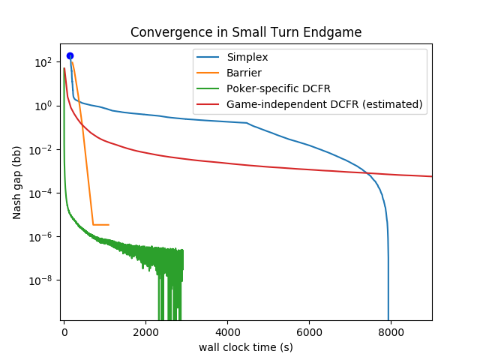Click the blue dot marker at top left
point(70,56)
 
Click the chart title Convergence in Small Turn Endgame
point(246,32)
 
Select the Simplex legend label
point(247,57)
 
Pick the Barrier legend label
point(244,73)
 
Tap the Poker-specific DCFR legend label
point(278,88)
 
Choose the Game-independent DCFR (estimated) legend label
point(325,104)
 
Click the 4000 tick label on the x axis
point(227,332)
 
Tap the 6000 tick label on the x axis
point(309,332)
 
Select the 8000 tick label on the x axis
point(391,332)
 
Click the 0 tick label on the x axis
point(64,332)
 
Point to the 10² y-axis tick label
point(43,62)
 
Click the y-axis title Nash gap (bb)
point(16,182)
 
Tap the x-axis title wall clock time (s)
point(246,347)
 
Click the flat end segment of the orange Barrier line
point(101,225)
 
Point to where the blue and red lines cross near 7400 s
point(367,173)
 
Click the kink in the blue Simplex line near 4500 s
point(247,123)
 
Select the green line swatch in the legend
point(208,88)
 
